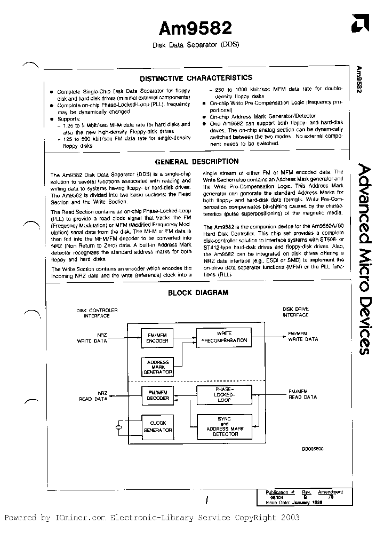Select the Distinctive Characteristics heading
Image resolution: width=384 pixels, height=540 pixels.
click(x=196, y=78)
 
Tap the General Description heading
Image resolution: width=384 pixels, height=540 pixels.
click(x=197, y=161)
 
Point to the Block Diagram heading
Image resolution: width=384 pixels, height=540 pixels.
click(x=198, y=292)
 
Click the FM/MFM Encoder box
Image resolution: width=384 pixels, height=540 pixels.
click(x=157, y=337)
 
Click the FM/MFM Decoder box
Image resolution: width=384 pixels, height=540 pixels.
click(x=157, y=395)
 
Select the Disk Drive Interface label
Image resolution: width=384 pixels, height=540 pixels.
click(x=295, y=312)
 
